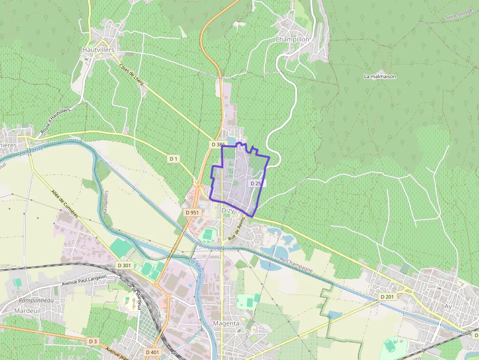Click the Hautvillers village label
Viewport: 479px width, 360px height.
tap(98, 50)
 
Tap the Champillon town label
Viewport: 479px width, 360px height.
tap(292, 39)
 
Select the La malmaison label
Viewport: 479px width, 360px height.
tap(380, 77)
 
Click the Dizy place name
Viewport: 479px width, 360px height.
tap(228, 211)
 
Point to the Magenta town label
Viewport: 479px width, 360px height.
tap(226, 323)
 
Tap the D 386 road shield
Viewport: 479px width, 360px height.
tap(218, 145)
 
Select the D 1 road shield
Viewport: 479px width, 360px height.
tap(174, 159)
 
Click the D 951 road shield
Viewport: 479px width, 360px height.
tap(192, 213)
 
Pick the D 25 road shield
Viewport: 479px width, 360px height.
tap(255, 183)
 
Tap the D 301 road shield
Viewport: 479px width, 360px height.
tap(124, 265)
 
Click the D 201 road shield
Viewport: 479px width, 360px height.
tap(387, 297)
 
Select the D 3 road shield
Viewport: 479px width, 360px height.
tap(93, 341)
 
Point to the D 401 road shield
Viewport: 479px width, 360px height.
tap(152, 352)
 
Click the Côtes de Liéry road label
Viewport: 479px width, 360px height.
tap(131, 75)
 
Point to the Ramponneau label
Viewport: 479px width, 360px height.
tap(35, 300)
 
